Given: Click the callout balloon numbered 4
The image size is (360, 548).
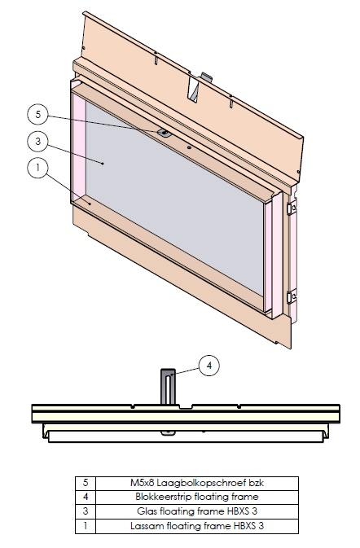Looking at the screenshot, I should pos(209,366).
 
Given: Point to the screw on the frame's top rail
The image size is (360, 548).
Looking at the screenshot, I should pos(164,132).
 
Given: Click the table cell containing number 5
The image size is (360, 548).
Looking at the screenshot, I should pos(86,482).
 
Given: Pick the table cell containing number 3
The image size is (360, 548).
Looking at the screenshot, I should pos(86,511).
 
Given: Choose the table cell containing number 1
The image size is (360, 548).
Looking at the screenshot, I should pos(86,525).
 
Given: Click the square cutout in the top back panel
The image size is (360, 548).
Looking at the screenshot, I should pos(195,90).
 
